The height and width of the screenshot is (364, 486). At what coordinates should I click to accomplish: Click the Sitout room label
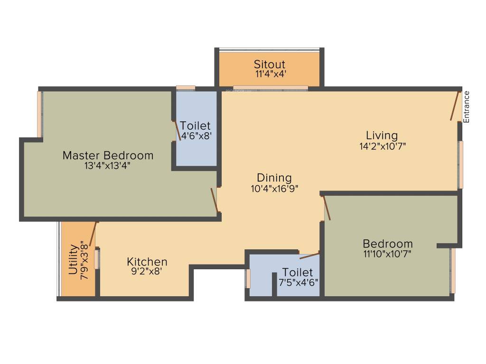click(269, 64)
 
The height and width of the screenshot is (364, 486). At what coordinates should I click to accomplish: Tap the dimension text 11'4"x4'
click(269, 74)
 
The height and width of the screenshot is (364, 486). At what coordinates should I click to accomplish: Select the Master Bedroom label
click(108, 155)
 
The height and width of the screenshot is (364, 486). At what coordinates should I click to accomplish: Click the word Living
click(382, 136)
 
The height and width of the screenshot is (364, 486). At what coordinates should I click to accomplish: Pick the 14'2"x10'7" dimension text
click(382, 146)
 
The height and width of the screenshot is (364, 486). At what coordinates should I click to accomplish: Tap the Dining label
click(274, 178)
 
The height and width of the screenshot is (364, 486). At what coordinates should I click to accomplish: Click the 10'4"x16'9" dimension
click(274, 188)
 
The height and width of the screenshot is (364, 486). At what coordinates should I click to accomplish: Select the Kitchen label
click(147, 262)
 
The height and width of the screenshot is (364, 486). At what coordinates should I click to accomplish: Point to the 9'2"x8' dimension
click(147, 272)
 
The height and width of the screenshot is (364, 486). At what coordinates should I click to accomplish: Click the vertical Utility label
click(74, 260)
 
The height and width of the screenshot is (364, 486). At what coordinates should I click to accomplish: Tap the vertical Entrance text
click(467, 107)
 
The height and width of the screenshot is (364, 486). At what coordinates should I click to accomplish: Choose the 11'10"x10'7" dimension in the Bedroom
click(387, 254)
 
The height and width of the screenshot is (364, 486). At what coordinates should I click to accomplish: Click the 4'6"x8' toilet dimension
click(196, 136)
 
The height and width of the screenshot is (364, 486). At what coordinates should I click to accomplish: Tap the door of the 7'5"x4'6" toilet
click(309, 256)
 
